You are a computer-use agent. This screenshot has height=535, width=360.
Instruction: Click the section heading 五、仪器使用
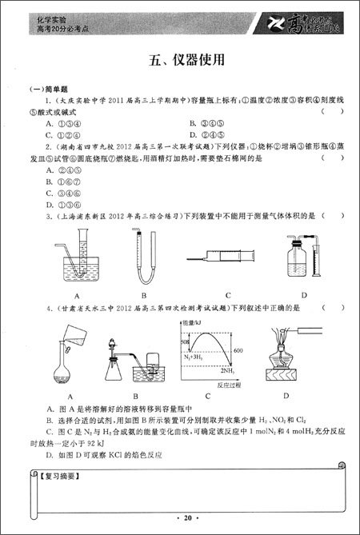pyautogui.click(x=180, y=59)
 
